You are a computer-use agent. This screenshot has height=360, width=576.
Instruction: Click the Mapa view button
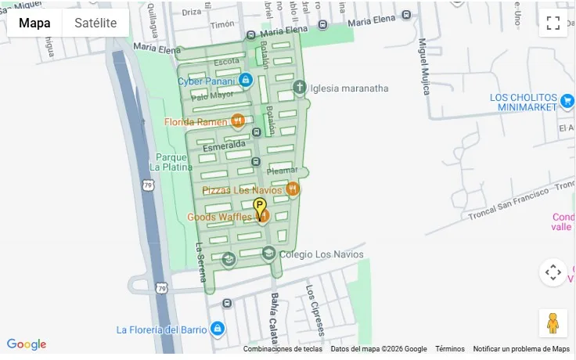(35, 23)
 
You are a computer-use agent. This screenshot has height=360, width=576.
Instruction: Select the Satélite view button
(95, 23)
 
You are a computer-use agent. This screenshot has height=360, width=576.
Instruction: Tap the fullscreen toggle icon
(553, 23)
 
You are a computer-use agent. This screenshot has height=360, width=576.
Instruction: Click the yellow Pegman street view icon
(553, 322)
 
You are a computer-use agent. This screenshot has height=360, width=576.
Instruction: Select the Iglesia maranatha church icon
(298, 87)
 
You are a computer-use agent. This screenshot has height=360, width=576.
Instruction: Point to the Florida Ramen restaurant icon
(238, 121)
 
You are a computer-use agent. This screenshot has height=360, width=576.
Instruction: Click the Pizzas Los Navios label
(242, 190)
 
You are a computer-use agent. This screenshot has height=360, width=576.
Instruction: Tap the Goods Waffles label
(219, 217)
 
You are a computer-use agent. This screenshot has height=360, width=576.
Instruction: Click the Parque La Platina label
(171, 161)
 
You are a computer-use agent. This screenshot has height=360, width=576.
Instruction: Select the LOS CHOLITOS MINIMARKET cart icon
(567, 101)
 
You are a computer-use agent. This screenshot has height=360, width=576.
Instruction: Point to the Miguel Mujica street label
(423, 67)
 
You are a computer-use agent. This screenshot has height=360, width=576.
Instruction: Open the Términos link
(449, 349)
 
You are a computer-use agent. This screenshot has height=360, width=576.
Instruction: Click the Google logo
(27, 344)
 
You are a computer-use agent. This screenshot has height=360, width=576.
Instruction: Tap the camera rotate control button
(553, 272)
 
